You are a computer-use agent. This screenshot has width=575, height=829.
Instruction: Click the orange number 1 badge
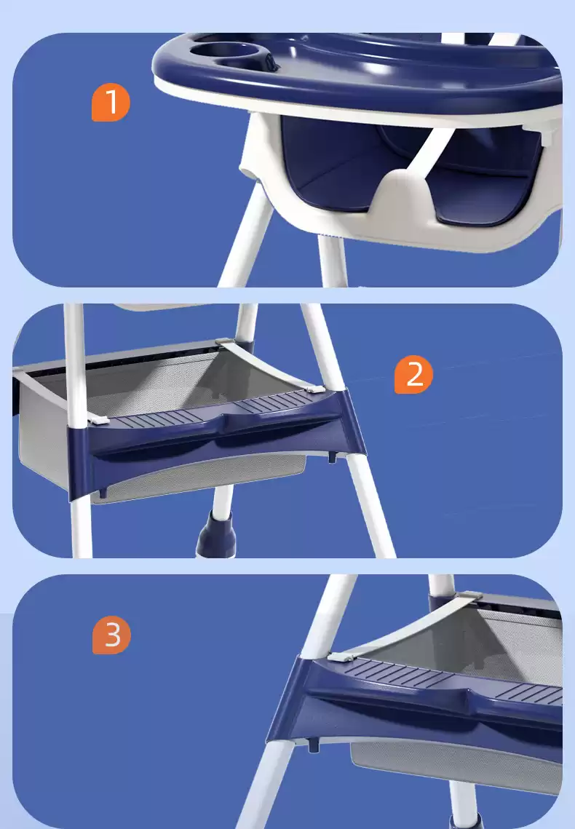pyautogui.click(x=111, y=103)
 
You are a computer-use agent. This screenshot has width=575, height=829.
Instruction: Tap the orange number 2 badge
pyautogui.click(x=414, y=374)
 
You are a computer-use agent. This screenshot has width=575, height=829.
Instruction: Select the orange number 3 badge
pyautogui.click(x=111, y=635)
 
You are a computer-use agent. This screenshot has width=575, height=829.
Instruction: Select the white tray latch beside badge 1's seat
pyautogui.click(x=549, y=133)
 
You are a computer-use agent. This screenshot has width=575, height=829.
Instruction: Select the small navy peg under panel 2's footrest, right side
pyautogui.click(x=333, y=456)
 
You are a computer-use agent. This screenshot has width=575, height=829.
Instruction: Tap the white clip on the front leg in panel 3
pyautogui.click(x=341, y=657)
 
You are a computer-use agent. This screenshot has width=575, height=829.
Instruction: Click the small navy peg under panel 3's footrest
pyautogui.click(x=314, y=745)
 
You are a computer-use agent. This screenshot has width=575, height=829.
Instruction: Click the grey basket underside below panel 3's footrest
pyautogui.click(x=454, y=766)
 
